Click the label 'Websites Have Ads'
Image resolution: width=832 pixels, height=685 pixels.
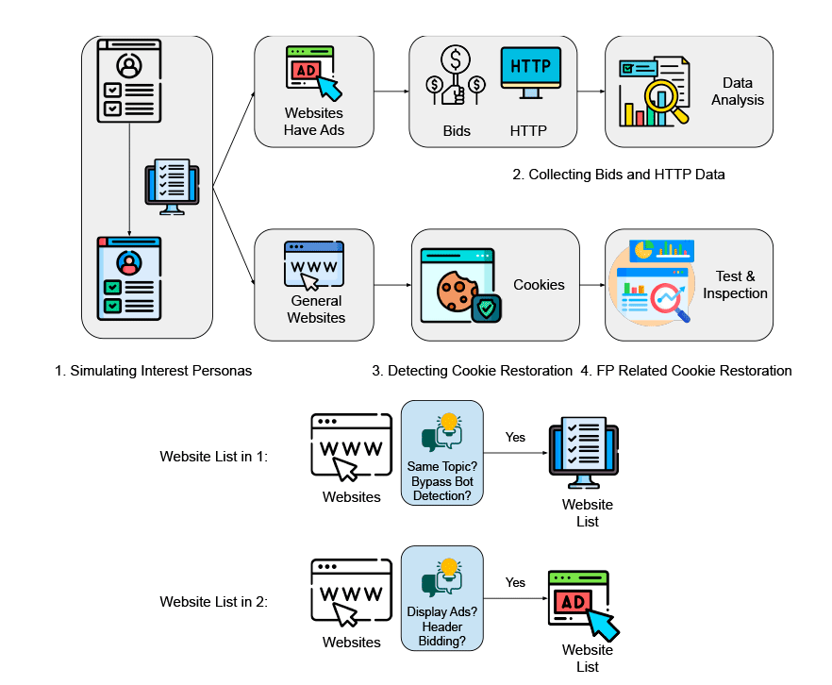(x=314, y=122)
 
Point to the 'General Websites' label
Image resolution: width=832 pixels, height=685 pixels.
(x=316, y=309)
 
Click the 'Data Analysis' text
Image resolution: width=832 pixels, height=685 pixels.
(x=737, y=92)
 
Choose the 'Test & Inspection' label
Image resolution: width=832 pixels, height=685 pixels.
(x=735, y=285)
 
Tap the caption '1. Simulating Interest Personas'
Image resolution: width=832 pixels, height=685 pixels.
(x=154, y=371)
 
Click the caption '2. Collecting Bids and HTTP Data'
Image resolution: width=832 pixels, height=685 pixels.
(x=618, y=175)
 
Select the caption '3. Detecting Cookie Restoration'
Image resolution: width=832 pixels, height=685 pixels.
(x=472, y=371)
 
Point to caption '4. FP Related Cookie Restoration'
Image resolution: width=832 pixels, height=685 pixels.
(x=686, y=371)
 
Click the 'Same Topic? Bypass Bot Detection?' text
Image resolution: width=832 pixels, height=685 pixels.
(x=441, y=481)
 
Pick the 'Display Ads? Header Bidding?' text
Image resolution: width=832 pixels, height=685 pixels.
(x=441, y=627)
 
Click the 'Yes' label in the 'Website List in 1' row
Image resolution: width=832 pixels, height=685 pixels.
(x=515, y=438)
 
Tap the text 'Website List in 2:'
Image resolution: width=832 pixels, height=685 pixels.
(x=214, y=601)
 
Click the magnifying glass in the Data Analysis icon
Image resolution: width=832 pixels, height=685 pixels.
(x=671, y=101)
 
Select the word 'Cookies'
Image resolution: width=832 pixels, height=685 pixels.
(x=539, y=284)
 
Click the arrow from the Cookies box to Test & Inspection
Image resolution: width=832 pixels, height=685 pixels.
(x=591, y=285)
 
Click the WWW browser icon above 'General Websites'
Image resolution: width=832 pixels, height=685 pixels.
(x=314, y=266)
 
